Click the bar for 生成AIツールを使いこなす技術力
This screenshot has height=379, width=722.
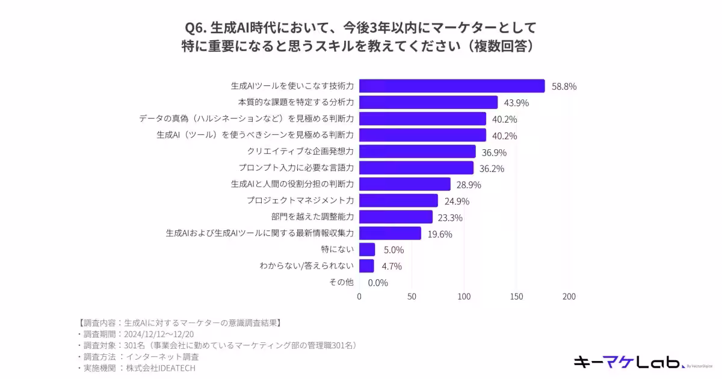[x=451, y=86]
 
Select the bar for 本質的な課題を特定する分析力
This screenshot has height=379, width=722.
[x=428, y=102]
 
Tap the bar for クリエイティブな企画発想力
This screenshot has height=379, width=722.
[x=417, y=152]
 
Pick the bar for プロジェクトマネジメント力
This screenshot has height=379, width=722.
[x=398, y=201]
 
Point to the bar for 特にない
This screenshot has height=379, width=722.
[x=367, y=250]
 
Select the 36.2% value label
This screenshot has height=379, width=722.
[x=492, y=168]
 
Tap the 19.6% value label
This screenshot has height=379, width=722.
[x=440, y=234]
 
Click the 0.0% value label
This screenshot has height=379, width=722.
[x=378, y=283]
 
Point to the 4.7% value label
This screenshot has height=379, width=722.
[x=391, y=267]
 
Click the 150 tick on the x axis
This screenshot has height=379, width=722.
[x=517, y=297]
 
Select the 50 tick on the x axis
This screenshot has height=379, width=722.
[x=412, y=297]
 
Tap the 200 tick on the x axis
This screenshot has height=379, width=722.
[x=569, y=297]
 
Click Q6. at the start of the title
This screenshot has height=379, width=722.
[x=196, y=28]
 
